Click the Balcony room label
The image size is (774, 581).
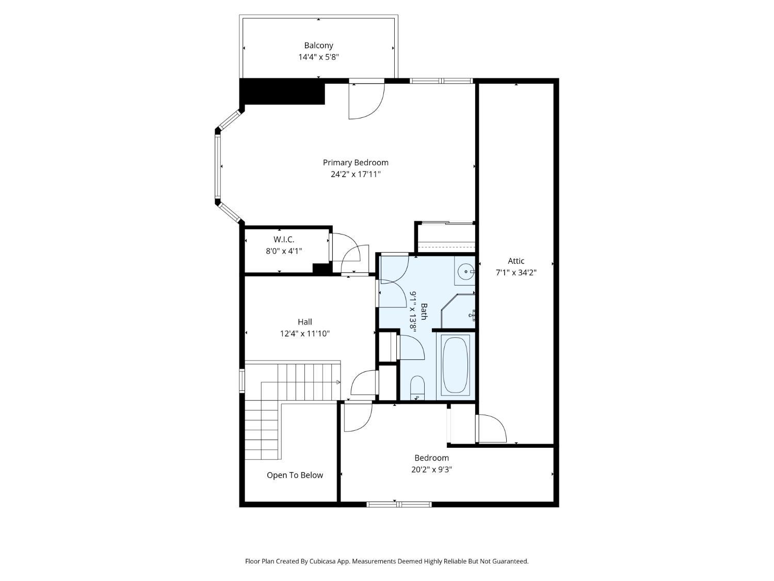click(x=318, y=45)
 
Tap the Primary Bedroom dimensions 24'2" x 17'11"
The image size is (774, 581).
click(x=356, y=174)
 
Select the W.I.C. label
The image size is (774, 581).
click(x=284, y=240)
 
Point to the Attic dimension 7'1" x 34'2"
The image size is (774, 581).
click(x=516, y=273)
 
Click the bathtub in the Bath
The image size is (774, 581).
click(x=455, y=365)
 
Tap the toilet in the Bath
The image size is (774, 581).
click(x=417, y=388)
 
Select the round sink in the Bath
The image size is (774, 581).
click(x=466, y=272)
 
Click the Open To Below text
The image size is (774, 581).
click(x=295, y=475)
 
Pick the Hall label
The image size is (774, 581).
click(x=304, y=322)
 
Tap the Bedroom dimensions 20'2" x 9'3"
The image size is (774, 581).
click(x=431, y=469)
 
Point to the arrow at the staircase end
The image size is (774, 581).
click(x=338, y=382)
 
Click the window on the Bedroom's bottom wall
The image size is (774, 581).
click(x=399, y=505)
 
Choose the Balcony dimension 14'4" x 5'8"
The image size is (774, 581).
click(x=318, y=57)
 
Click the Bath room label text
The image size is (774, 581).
click(x=424, y=311)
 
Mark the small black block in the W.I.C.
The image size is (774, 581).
click(x=322, y=269)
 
